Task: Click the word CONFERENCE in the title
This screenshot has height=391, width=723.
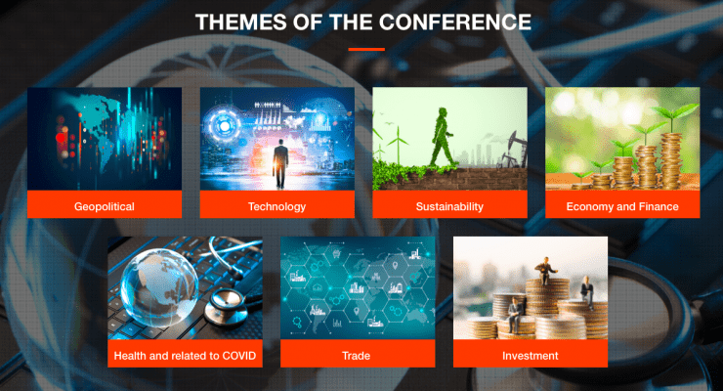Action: click(x=455, y=22)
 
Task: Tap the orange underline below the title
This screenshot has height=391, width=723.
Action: click(x=366, y=49)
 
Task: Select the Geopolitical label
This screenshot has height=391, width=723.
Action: click(x=105, y=206)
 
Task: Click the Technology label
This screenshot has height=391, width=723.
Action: click(x=276, y=206)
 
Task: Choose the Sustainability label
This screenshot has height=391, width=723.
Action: click(x=449, y=206)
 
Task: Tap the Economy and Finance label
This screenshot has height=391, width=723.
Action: click(x=622, y=206)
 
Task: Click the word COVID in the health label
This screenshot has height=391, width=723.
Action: click(x=239, y=356)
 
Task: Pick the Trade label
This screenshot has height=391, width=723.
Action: click(x=356, y=356)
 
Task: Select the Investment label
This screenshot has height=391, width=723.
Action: click(x=531, y=356)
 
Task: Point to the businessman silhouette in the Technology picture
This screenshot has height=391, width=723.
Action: click(x=279, y=163)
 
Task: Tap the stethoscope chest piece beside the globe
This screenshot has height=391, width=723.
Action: click(x=226, y=308)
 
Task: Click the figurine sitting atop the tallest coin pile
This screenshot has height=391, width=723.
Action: click(x=546, y=270)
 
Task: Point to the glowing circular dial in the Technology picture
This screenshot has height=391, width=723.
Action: click(x=224, y=126)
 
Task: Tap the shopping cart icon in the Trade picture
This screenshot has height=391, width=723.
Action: click(x=337, y=253)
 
